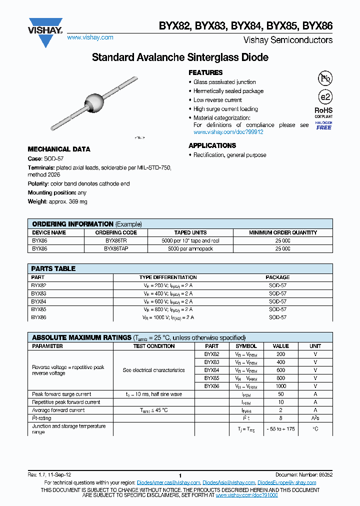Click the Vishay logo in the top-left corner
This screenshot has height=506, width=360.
pyautogui.click(x=45, y=27)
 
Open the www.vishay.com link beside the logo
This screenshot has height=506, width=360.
pyautogui.click(x=90, y=37)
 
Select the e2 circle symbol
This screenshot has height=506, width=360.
pyautogui.click(x=325, y=97)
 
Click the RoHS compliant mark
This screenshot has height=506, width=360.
pyautogui.click(x=323, y=112)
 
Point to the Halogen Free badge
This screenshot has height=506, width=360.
pyautogui.click(x=323, y=125)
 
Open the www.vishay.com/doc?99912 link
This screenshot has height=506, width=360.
pyautogui.click(x=228, y=132)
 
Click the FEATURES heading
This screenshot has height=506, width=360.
pyautogui.click(x=205, y=72)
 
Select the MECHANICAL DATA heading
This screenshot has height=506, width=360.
pyautogui.click(x=59, y=149)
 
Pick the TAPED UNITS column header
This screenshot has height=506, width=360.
pyautogui.click(x=189, y=232)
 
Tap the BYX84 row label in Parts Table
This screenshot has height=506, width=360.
pyautogui.click(x=38, y=301)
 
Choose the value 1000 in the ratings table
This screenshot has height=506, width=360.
pyautogui.click(x=280, y=386)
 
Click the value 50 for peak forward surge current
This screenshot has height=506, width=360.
pyautogui.click(x=280, y=394)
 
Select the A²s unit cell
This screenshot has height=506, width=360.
pyautogui.click(x=315, y=418)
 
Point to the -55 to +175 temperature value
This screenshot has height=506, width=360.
pyautogui.click(x=280, y=429)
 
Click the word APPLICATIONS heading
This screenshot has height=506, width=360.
pyautogui.click(x=212, y=145)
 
